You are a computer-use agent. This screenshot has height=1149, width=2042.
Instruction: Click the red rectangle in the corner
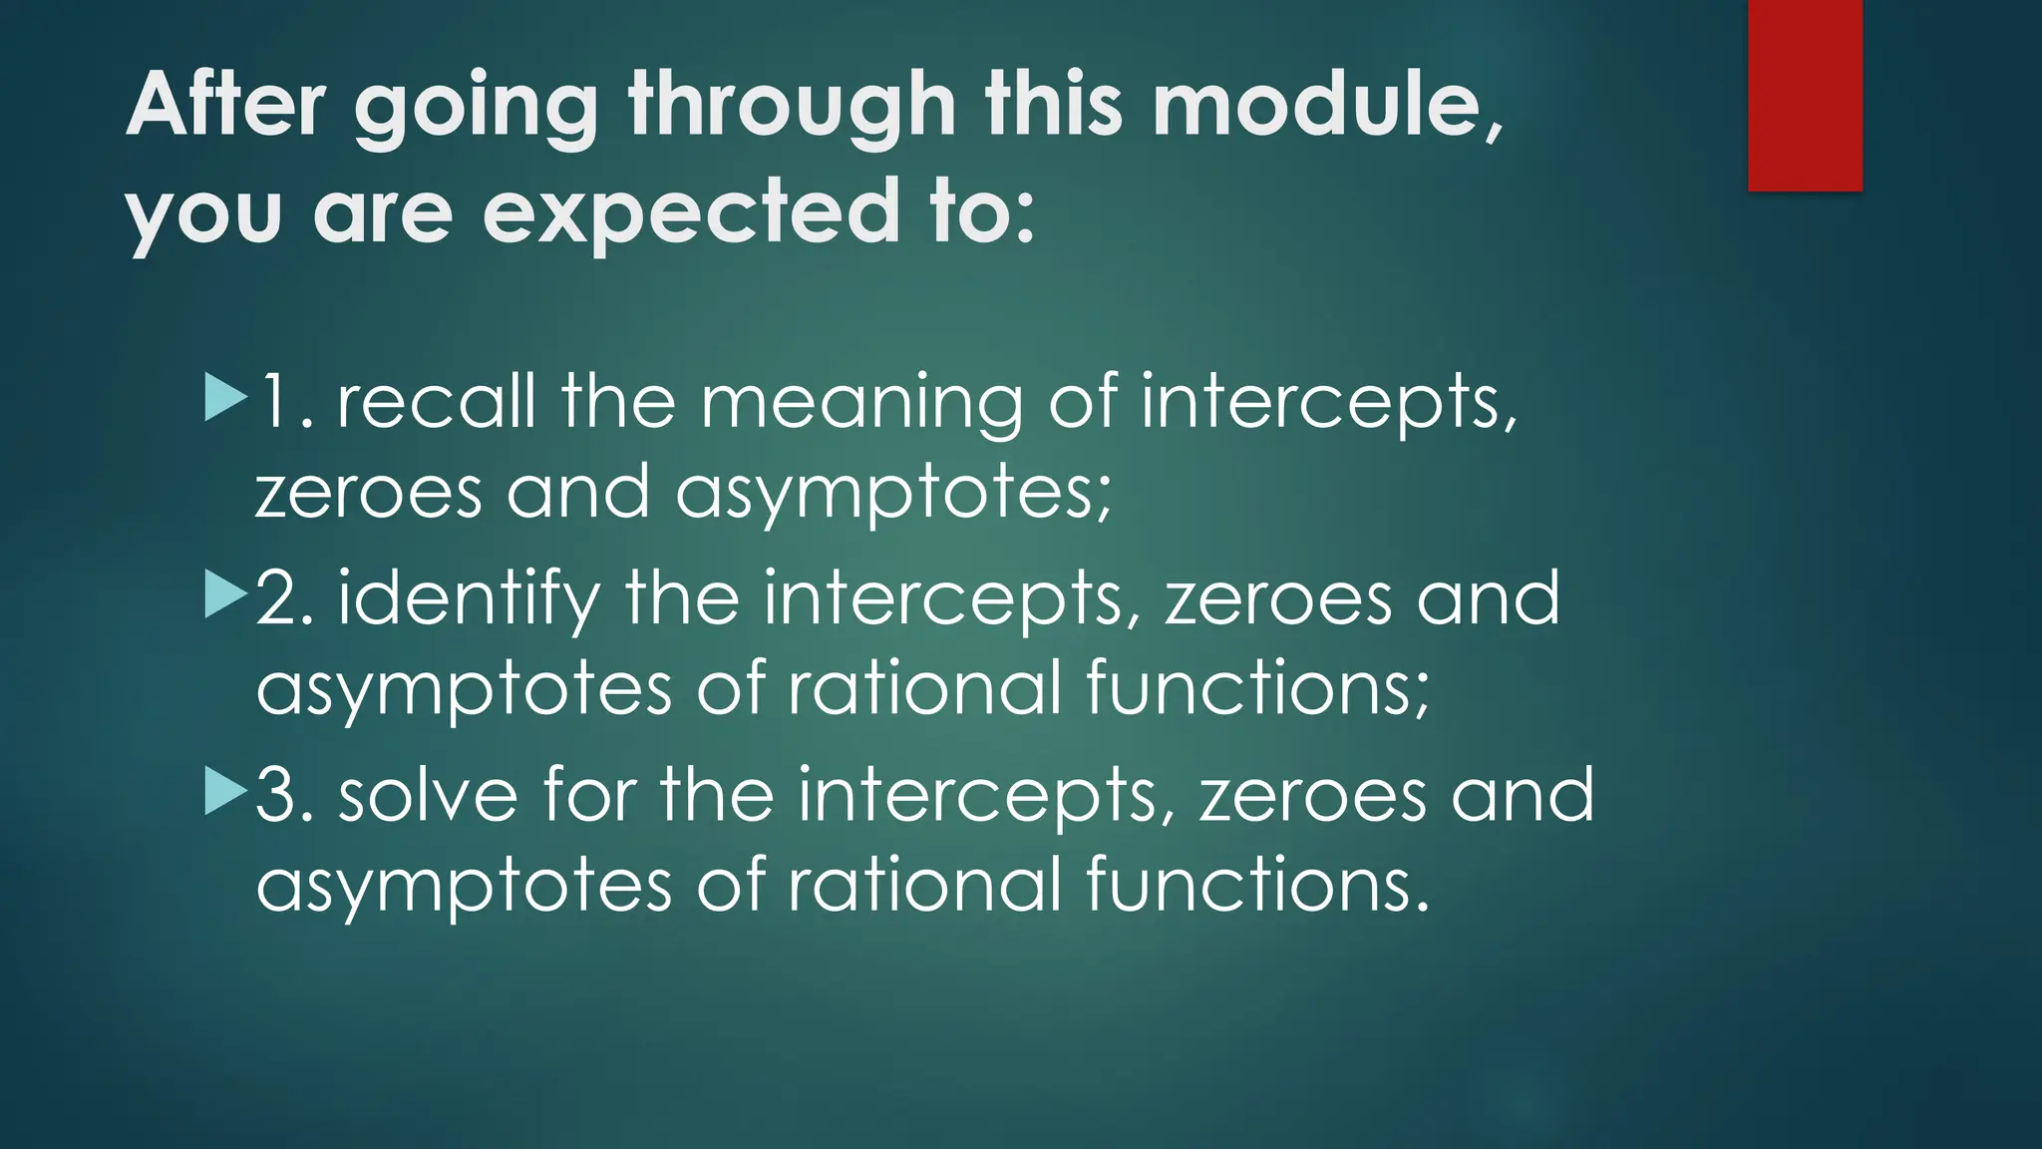[x=1805, y=95]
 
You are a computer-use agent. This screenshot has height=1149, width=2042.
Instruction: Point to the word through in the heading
[x=793, y=108]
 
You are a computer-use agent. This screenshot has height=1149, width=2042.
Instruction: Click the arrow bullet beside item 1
[x=225, y=397]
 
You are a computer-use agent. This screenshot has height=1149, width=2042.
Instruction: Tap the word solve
[x=428, y=795]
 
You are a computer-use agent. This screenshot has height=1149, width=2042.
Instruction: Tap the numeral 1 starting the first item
[x=277, y=401]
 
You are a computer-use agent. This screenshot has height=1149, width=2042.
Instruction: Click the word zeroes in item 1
[x=369, y=492]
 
